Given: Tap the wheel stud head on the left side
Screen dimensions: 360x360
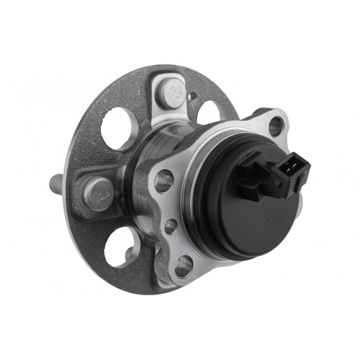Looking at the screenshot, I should (97, 193).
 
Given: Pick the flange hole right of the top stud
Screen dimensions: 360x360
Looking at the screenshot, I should (208, 113).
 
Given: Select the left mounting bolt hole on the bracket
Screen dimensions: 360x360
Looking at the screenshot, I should (163, 181).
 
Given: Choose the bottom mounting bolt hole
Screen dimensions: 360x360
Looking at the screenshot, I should (183, 266).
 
